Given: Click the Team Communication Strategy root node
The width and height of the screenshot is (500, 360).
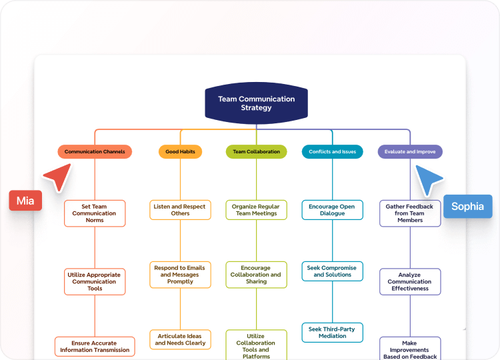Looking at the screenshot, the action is [x=257, y=103].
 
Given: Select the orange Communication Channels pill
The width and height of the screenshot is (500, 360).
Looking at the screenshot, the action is [x=95, y=152].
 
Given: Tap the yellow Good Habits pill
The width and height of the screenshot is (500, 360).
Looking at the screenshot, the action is [x=180, y=152].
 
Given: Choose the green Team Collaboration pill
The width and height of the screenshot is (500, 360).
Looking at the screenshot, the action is [x=257, y=152].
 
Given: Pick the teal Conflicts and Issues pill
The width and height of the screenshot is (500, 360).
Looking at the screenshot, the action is [x=332, y=152].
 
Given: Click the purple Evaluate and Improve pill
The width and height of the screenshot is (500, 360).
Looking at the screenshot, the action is [x=410, y=152].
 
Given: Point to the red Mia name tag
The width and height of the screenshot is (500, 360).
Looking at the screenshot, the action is [x=25, y=201].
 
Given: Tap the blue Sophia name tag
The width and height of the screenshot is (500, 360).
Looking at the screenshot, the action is [x=468, y=206].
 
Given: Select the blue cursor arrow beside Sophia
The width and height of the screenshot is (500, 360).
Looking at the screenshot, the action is [x=427, y=179].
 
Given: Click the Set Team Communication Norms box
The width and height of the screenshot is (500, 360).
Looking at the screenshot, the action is [x=95, y=213].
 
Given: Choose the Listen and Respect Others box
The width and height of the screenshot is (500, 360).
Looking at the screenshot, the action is [x=180, y=210].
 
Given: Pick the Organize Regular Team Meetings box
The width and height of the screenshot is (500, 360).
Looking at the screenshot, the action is [x=257, y=210].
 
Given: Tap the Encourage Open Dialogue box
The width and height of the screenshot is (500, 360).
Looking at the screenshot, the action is [x=332, y=210].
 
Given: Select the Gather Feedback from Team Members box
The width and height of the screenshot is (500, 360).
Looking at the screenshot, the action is [x=410, y=213].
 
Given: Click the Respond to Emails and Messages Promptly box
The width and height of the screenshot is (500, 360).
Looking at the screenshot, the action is [x=180, y=275].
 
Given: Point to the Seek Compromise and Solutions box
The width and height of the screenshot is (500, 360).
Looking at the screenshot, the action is [x=332, y=271].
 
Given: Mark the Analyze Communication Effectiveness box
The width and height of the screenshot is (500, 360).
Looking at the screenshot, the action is [x=410, y=281].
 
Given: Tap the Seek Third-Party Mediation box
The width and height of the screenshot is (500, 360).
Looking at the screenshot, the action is [x=332, y=333].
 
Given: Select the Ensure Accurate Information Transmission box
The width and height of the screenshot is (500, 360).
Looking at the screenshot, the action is [x=95, y=347].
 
